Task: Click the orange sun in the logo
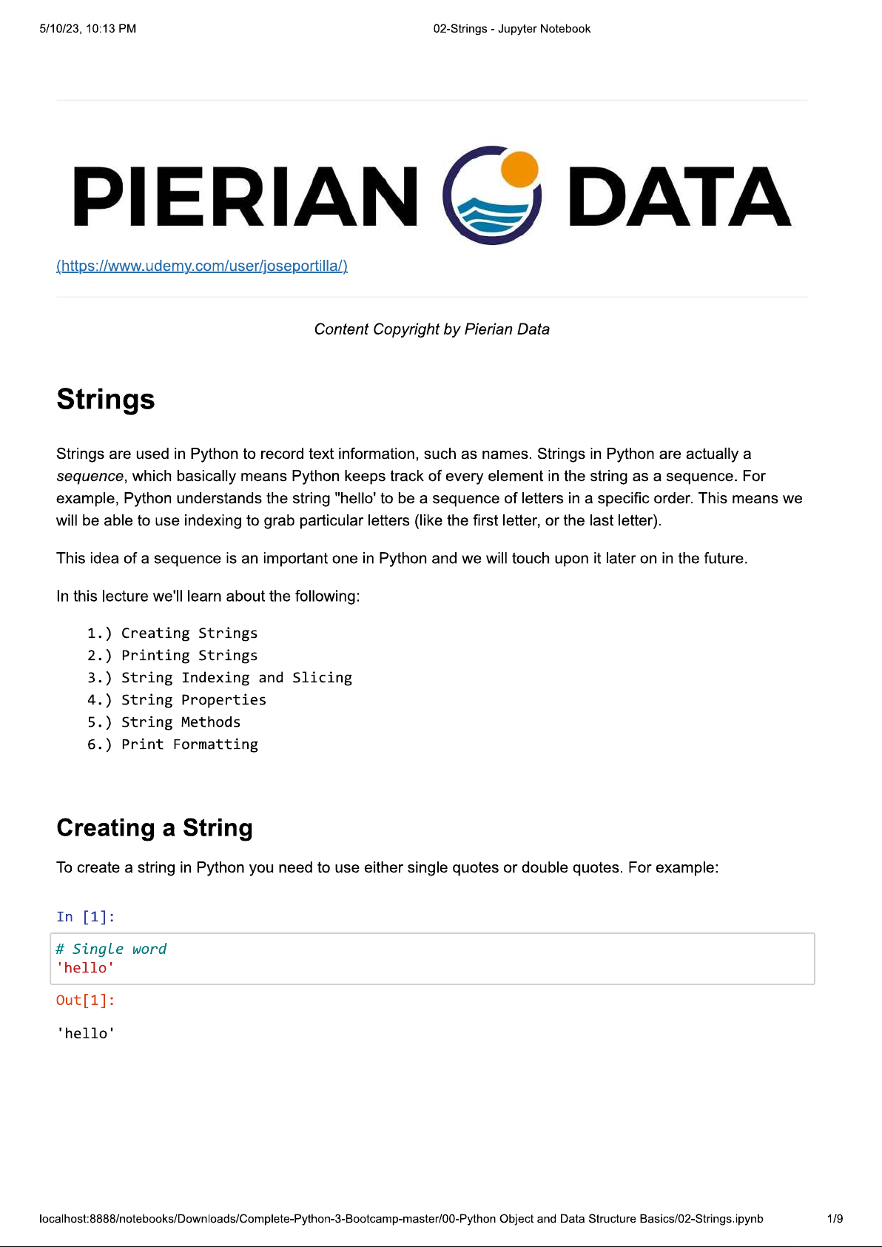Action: pos(519,169)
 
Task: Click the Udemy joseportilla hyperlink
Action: pos(202,266)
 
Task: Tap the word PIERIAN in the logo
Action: pos(245,196)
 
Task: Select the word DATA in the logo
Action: pos(679,196)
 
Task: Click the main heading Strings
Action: pos(106,400)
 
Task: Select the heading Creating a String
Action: pos(155,827)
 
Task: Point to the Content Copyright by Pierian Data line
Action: pos(431,329)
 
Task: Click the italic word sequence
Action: pos(90,476)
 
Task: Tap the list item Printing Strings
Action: pos(189,656)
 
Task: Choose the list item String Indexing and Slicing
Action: pos(236,678)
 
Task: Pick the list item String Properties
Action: pos(193,700)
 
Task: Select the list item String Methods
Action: pos(181,722)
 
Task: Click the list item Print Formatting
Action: pos(189,744)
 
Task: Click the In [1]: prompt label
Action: pos(86,917)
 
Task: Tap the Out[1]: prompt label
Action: pos(86,1001)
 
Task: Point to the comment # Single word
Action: pos(111,949)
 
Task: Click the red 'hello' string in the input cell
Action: pos(85,968)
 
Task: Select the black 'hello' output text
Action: pos(86,1033)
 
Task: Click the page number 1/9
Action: pos(835,1219)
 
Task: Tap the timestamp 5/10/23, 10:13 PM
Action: pos(87,29)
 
